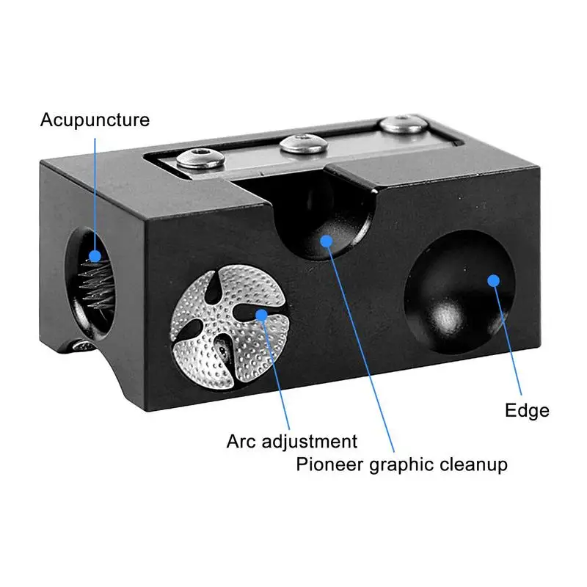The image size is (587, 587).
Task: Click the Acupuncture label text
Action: coord(95,120)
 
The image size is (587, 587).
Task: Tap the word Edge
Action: coord(527,410)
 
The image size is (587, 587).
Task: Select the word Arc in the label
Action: coord(241,442)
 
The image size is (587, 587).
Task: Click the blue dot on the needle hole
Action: coord(95,256)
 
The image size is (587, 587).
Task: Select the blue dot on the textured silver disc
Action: coord(261,314)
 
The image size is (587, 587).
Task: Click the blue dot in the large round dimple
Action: coord(493,280)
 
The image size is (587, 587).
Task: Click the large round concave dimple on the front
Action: coord(456,293)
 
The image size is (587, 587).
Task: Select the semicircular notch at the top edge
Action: coord(323,220)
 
